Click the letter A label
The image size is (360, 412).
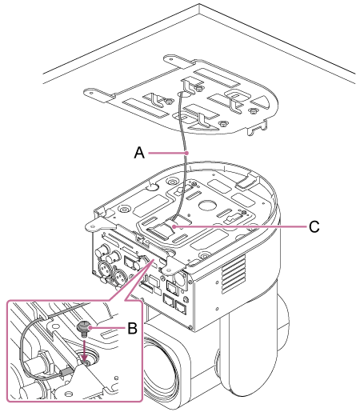(139, 153)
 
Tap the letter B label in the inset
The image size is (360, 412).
(132, 328)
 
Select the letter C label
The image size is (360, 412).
(314, 226)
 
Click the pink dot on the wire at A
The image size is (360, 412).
(188, 153)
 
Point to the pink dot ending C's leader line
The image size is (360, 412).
(174, 226)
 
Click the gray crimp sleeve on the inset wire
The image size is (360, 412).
(66, 371)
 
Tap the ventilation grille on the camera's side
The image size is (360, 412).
(234, 274)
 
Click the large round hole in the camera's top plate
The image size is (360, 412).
(207, 204)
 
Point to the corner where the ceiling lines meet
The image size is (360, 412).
(199, 4)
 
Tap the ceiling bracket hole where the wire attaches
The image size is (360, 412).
(184, 94)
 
